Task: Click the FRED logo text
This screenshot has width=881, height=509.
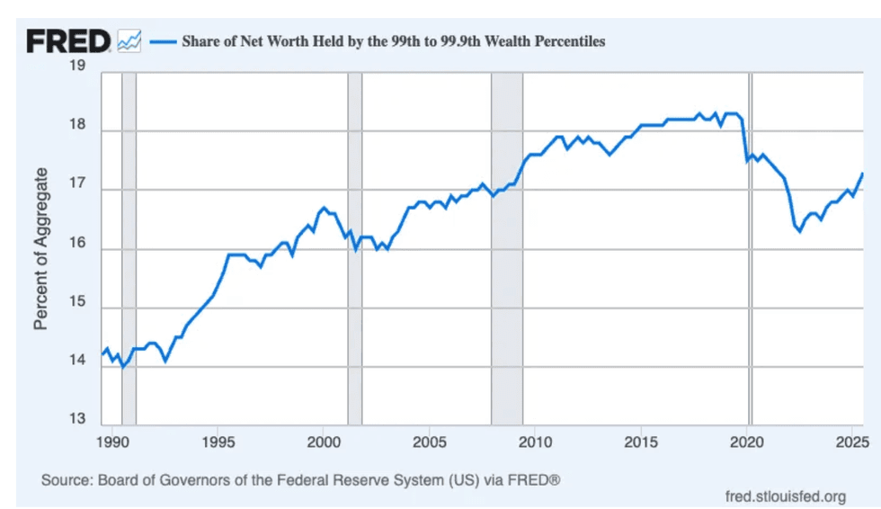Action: (68, 40)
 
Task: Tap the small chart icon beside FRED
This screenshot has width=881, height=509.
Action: (129, 40)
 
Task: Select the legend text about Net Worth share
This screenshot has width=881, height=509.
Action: (394, 40)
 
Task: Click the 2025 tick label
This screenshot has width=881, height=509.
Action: (850, 442)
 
